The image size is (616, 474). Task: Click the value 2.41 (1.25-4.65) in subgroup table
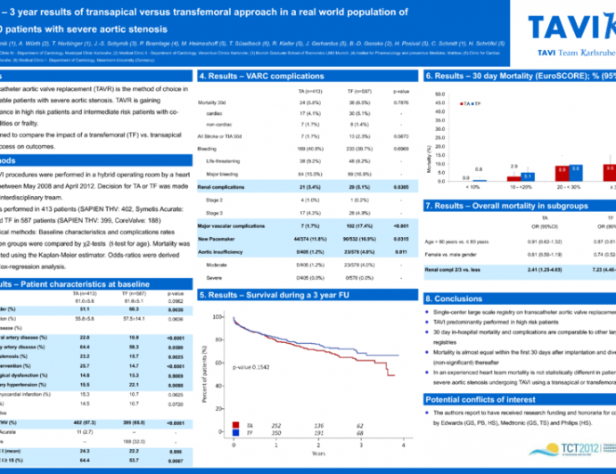point(546,268)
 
